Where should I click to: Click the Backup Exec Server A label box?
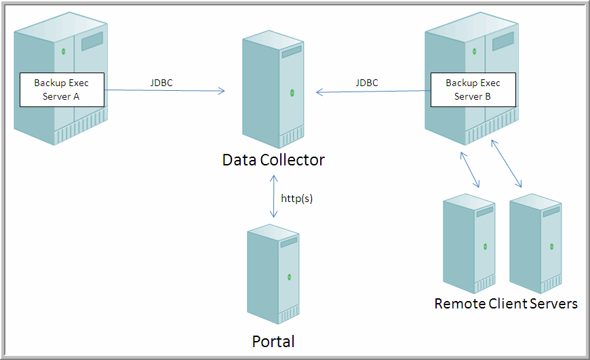(x=62, y=89)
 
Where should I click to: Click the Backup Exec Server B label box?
(x=473, y=89)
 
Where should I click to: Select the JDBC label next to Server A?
(x=161, y=83)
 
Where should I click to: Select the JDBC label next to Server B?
(x=367, y=83)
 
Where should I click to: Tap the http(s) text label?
(x=297, y=199)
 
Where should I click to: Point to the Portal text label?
(x=273, y=341)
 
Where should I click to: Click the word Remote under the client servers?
(x=459, y=303)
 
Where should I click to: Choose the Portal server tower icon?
(x=273, y=276)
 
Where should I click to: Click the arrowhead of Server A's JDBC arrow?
(x=222, y=91)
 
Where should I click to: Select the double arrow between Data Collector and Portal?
(x=273, y=197)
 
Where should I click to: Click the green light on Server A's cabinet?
(x=63, y=52)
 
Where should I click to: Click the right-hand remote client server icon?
(x=536, y=241)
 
